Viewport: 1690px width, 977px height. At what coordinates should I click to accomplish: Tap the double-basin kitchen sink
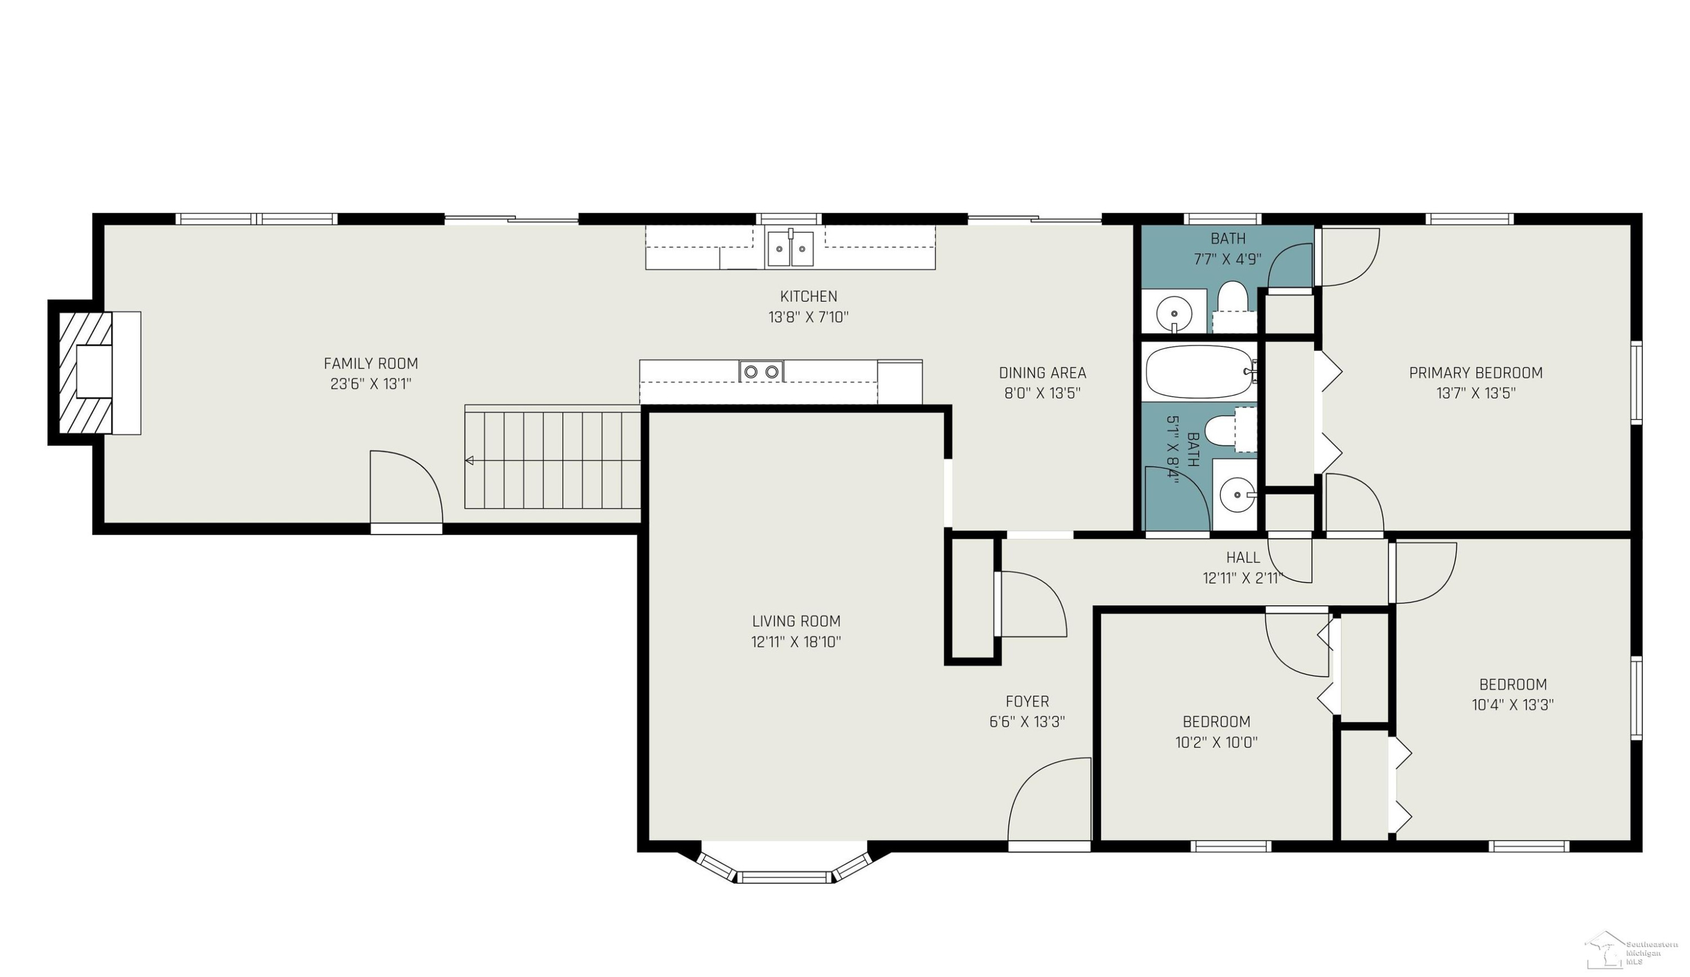tap(791, 248)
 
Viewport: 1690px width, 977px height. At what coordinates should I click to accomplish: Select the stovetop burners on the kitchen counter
tap(761, 371)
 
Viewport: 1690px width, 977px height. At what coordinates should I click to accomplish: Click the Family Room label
tap(371, 363)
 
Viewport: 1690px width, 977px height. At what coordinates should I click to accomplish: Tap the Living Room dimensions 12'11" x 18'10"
tap(796, 642)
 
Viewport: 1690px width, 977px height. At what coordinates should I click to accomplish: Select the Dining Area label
tap(1042, 373)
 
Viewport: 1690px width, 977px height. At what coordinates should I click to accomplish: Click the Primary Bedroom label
tap(1475, 373)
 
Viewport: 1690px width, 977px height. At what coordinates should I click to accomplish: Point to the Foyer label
tap(1027, 701)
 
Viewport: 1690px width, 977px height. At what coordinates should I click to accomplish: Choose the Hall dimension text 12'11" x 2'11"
tap(1243, 578)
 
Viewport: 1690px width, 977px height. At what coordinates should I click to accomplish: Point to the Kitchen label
tap(808, 296)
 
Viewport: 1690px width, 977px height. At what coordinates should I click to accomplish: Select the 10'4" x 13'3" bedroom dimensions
tap(1513, 705)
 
